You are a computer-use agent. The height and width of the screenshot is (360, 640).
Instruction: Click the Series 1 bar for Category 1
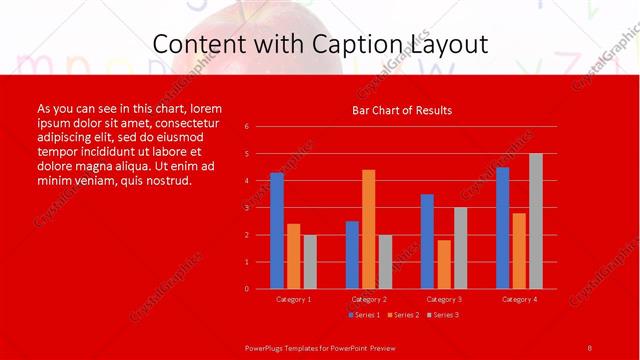pyautogui.click(x=277, y=231)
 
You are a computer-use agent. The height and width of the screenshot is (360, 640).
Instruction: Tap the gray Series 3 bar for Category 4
pyautogui.click(x=535, y=221)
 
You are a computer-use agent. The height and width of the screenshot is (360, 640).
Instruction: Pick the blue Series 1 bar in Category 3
pyautogui.click(x=427, y=241)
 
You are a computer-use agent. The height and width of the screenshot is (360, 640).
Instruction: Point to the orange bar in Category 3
pyautogui.click(x=444, y=264)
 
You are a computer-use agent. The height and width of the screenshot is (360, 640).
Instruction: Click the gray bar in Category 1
pyautogui.click(x=310, y=262)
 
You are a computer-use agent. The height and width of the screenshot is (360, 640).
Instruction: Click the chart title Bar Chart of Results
pyautogui.click(x=402, y=110)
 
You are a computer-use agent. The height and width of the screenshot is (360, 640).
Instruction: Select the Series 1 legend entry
pyautogui.click(x=365, y=315)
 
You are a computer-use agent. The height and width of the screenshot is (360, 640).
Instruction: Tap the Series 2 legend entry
pyautogui.click(x=403, y=315)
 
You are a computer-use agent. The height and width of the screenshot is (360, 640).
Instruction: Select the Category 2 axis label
pyautogui.click(x=369, y=299)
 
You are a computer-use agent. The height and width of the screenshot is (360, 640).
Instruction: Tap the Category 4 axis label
pyautogui.click(x=519, y=299)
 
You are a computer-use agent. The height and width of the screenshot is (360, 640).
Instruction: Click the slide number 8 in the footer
pyautogui.click(x=589, y=346)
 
